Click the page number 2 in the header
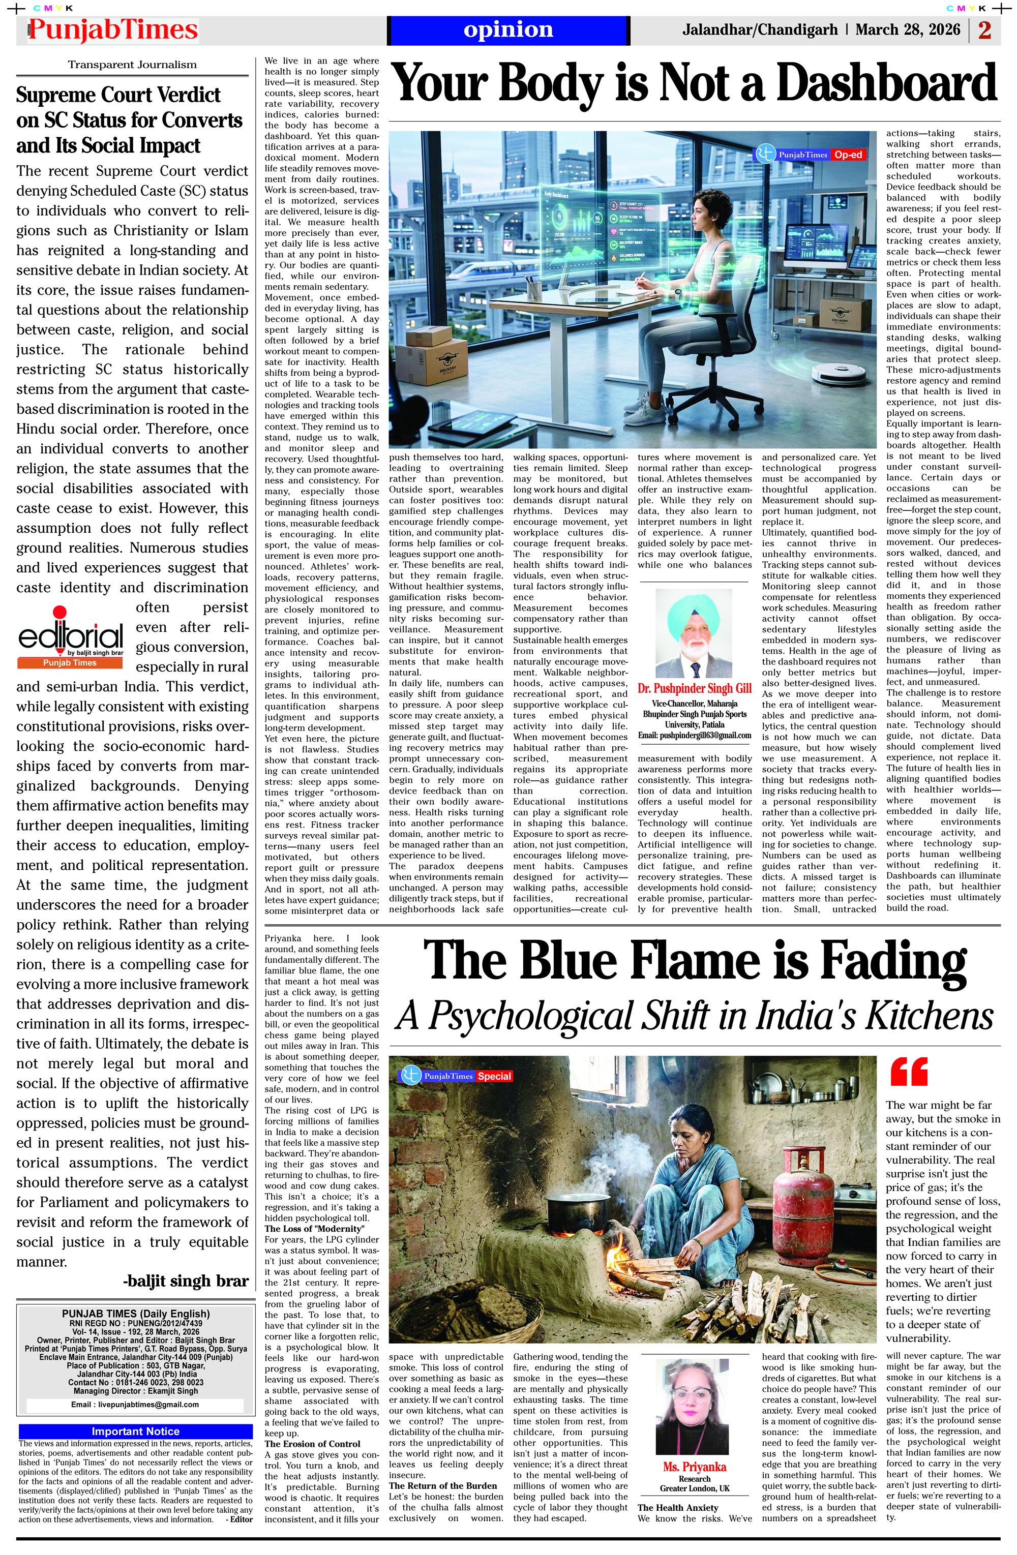[x=984, y=30]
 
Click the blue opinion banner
[x=508, y=30]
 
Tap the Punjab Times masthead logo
[x=112, y=30]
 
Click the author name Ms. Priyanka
[x=694, y=1467]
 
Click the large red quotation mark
[x=909, y=1072]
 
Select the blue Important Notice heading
[x=135, y=1431]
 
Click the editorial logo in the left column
[x=71, y=637]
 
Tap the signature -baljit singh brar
[x=186, y=1281]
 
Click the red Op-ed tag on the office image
[x=848, y=155]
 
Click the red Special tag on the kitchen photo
[x=494, y=1076]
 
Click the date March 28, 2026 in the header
[x=907, y=30]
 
